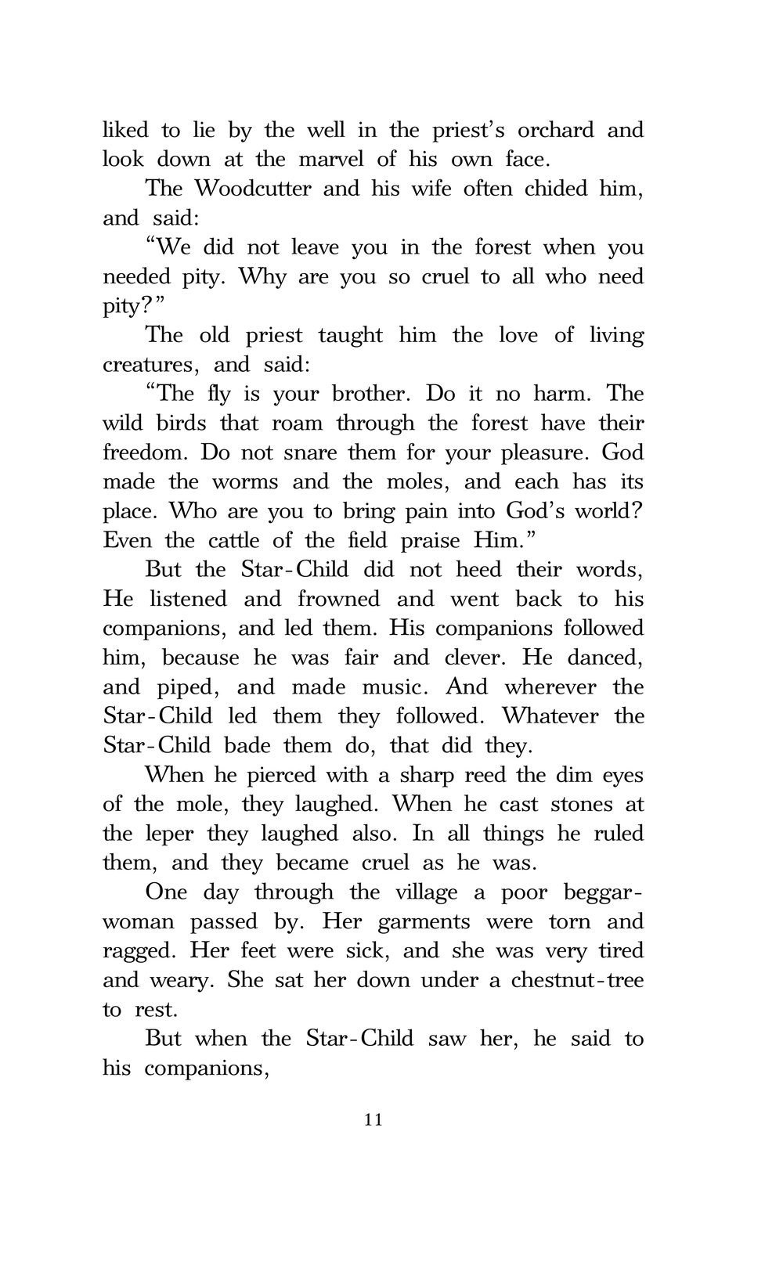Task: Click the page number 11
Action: tap(373, 1120)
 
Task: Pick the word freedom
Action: tap(147, 452)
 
